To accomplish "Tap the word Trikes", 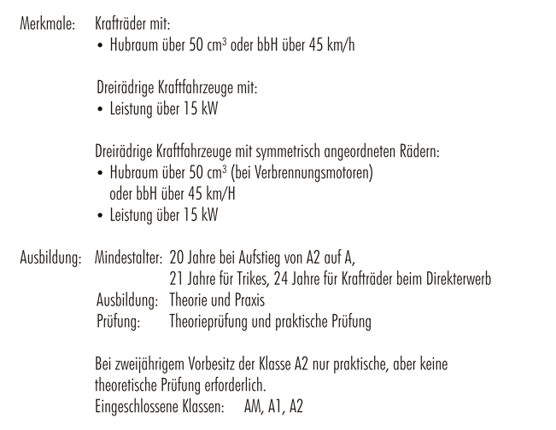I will click(x=249, y=279).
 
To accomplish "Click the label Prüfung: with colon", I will click(x=120, y=322).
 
